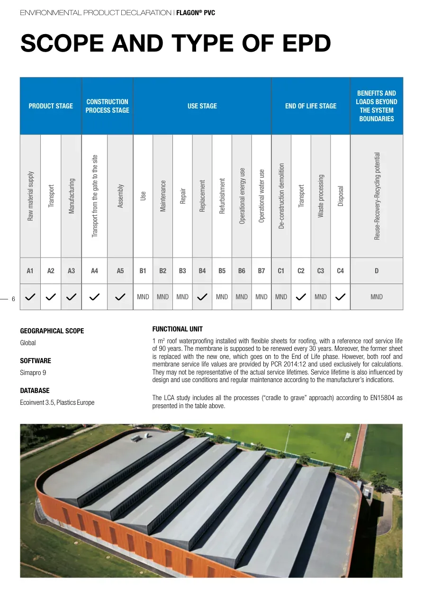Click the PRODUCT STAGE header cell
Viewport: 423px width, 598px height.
(x=51, y=106)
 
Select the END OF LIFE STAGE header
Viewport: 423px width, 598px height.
(x=311, y=106)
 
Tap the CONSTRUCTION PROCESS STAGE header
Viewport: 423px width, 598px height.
(x=108, y=106)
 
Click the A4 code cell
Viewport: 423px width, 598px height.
(x=95, y=271)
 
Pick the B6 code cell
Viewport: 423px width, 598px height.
(x=242, y=271)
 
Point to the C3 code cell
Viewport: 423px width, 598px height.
(x=321, y=271)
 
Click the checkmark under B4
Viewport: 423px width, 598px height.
(x=202, y=297)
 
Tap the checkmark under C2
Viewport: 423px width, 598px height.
(x=301, y=297)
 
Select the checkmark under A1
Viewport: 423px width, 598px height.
(x=30, y=297)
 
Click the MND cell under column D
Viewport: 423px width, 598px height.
(x=377, y=297)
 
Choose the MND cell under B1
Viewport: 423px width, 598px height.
(x=143, y=297)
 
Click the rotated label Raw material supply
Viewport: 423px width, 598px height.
(x=30, y=196)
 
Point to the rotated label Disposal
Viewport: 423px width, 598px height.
(x=341, y=196)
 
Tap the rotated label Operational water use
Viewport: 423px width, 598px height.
(x=261, y=196)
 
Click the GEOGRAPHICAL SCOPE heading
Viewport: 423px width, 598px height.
(x=52, y=331)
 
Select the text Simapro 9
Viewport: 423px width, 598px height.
(x=33, y=373)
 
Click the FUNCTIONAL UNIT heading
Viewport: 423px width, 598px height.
(x=178, y=329)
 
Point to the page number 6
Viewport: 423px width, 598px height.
(x=13, y=299)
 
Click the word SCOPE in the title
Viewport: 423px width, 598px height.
(x=62, y=44)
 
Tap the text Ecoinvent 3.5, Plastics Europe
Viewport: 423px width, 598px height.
(x=57, y=402)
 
